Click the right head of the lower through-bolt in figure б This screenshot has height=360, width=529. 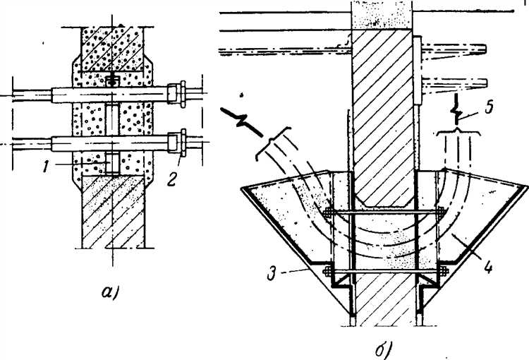444,269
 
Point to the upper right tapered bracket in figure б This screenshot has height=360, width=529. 451,50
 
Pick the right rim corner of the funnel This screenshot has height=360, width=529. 526,185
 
